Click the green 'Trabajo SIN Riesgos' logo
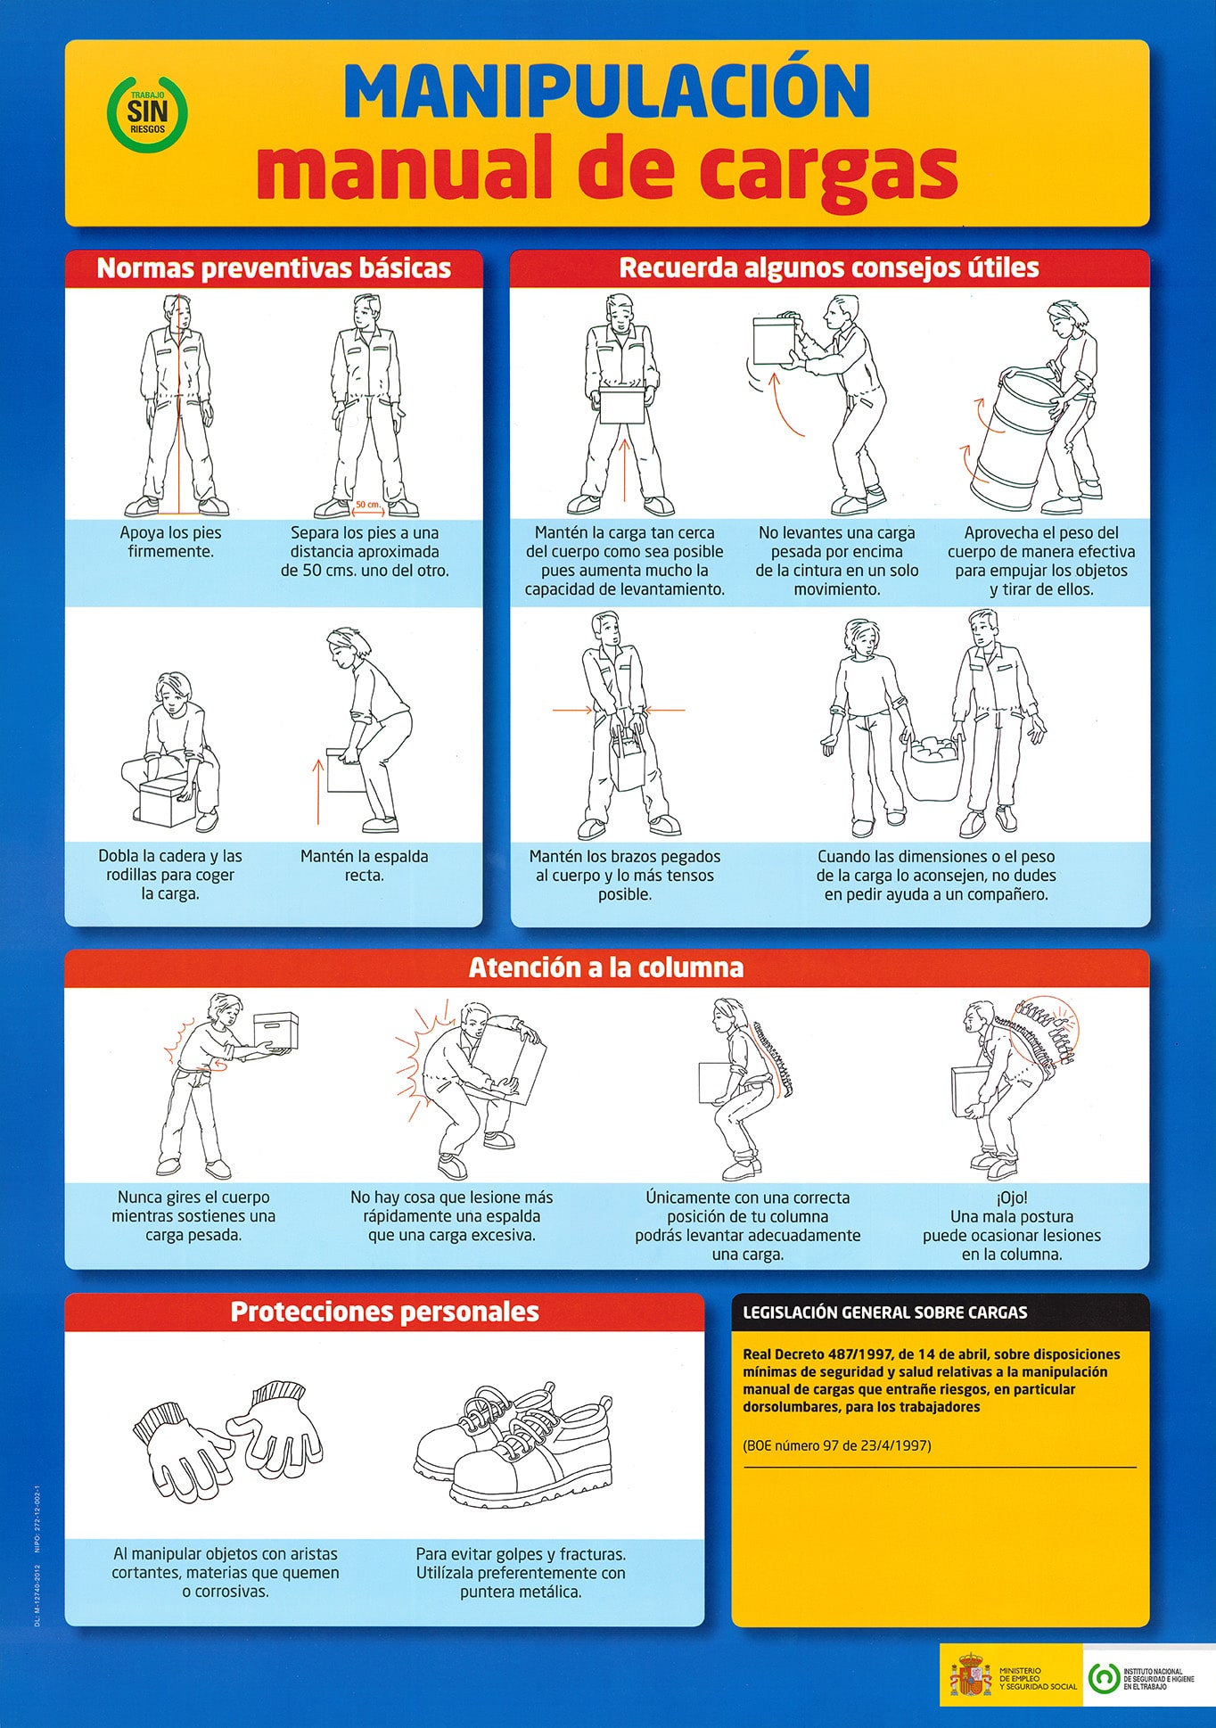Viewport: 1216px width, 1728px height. pyautogui.click(x=147, y=113)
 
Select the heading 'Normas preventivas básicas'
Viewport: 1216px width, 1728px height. pyautogui.click(x=274, y=268)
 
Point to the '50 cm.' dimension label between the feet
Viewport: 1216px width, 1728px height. pyautogui.click(x=367, y=505)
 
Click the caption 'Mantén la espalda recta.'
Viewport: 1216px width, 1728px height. pyautogui.click(x=364, y=866)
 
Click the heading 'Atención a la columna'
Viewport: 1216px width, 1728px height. pyautogui.click(x=606, y=968)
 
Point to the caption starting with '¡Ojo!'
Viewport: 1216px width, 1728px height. pyautogui.click(x=1012, y=1226)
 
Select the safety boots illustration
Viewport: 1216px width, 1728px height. pyautogui.click(x=515, y=1444)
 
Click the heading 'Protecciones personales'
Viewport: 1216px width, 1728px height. pyautogui.click(x=384, y=1312)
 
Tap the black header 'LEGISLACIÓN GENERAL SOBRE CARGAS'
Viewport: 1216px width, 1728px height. pyautogui.click(x=884, y=1312)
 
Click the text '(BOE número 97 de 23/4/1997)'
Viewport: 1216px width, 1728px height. pyautogui.click(x=837, y=1445)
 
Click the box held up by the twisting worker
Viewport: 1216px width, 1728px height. pyautogui.click(x=275, y=1031)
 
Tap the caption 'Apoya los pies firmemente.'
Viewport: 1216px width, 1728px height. pyautogui.click(x=170, y=542)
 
